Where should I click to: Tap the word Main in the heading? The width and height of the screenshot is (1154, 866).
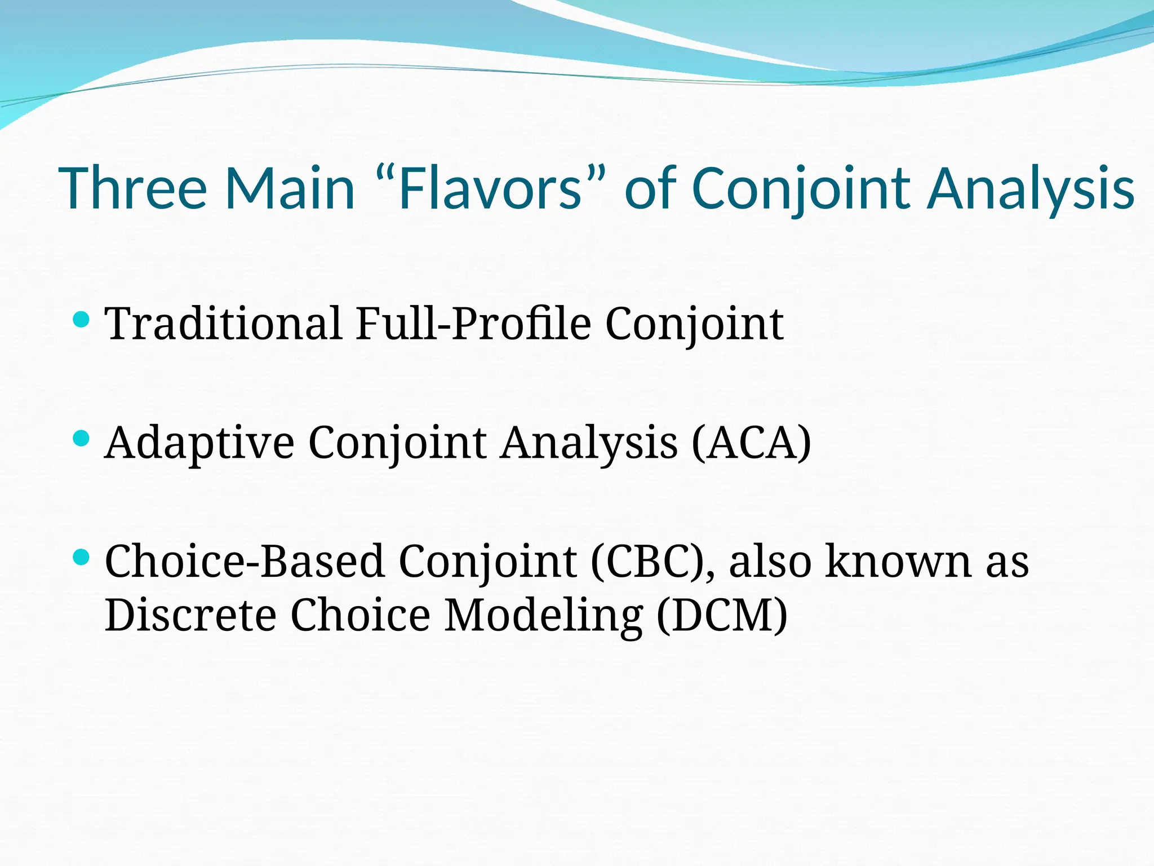(290, 188)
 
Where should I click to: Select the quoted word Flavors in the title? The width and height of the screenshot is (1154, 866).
(490, 188)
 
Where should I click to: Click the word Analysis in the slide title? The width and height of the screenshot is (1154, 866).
(1031, 188)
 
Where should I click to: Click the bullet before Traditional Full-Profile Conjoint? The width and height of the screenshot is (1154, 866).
(82, 320)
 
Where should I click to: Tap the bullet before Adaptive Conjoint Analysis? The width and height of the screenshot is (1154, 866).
(82, 438)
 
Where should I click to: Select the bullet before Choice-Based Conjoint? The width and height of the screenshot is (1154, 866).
(82, 558)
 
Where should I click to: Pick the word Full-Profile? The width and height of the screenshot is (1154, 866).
(473, 324)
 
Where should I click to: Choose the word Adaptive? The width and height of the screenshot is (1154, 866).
(199, 443)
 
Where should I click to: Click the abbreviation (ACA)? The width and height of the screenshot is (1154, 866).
(752, 443)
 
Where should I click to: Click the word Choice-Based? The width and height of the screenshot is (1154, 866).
(245, 562)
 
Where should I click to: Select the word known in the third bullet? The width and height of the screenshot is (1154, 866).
(898, 562)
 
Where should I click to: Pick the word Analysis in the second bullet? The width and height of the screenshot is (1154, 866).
(589, 443)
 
